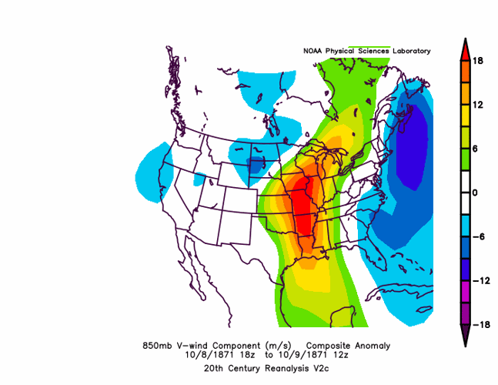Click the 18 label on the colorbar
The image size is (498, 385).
click(x=478, y=61)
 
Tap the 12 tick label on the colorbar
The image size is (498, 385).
click(x=478, y=105)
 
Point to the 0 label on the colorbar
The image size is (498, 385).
click(x=476, y=193)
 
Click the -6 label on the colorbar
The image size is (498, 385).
click(x=476, y=237)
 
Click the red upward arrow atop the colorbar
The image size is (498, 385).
click(x=466, y=49)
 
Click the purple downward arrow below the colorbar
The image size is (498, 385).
click(x=466, y=336)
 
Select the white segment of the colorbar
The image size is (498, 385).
click(x=466, y=192)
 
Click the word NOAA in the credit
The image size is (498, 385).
click(x=313, y=51)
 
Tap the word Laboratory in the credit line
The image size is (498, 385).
click(x=412, y=51)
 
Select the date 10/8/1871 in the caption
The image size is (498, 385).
click(x=204, y=356)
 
